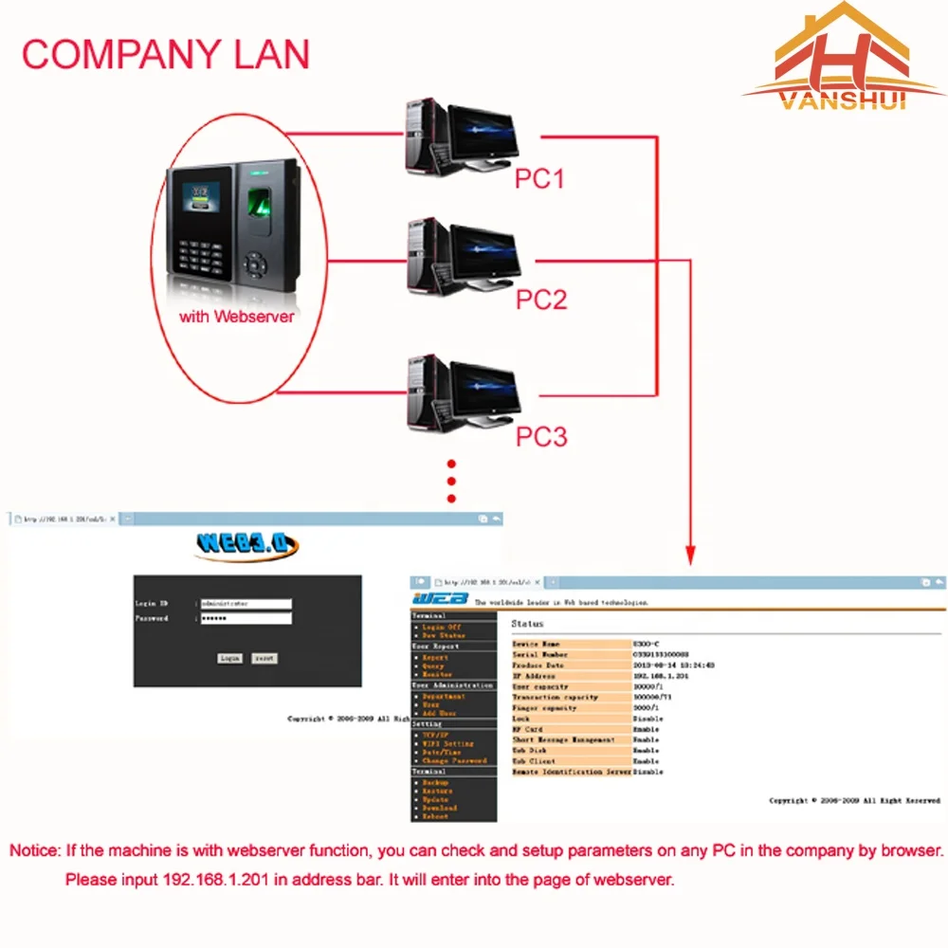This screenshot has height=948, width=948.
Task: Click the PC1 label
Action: click(539, 177)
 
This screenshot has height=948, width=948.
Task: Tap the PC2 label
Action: click(540, 300)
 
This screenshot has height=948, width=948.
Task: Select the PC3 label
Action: click(540, 436)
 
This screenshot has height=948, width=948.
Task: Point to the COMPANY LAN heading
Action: click(166, 54)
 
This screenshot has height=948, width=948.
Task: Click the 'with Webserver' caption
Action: click(237, 317)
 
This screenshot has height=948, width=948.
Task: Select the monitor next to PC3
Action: click(484, 389)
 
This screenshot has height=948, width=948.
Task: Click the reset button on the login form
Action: click(264, 658)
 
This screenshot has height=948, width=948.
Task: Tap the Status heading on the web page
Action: click(527, 624)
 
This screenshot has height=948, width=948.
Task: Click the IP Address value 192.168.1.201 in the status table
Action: click(661, 676)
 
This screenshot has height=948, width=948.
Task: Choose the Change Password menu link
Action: click(455, 761)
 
